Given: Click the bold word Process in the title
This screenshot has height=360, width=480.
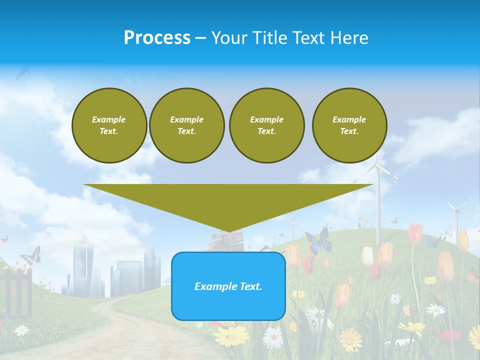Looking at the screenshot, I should coord(157,38).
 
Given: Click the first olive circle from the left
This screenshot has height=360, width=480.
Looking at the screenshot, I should coord(109,125).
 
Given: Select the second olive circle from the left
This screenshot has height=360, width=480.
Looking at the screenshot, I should coord(186,125).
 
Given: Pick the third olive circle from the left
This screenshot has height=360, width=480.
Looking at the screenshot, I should coord(266,125).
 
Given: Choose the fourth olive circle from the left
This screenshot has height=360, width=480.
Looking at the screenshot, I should coord(349,125).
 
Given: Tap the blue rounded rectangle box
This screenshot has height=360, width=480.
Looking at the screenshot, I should coord(228,286).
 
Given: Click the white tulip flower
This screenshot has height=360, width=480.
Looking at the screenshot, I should coord(367,256).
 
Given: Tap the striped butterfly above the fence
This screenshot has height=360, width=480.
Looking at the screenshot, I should coord(30,255).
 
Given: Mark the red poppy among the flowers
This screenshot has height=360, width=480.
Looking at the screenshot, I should coord(450,335).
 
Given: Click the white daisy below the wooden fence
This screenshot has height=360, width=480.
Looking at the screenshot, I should coord(21,330).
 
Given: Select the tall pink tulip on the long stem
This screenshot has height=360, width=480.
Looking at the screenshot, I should coord(415,233).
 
